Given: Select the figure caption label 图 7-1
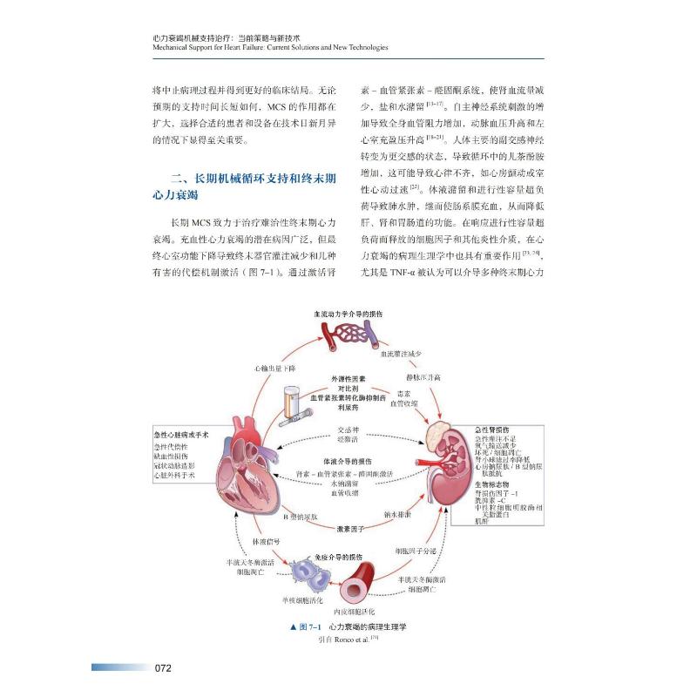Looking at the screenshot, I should click(308, 627).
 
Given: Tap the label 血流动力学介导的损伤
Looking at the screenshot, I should click(348, 312).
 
